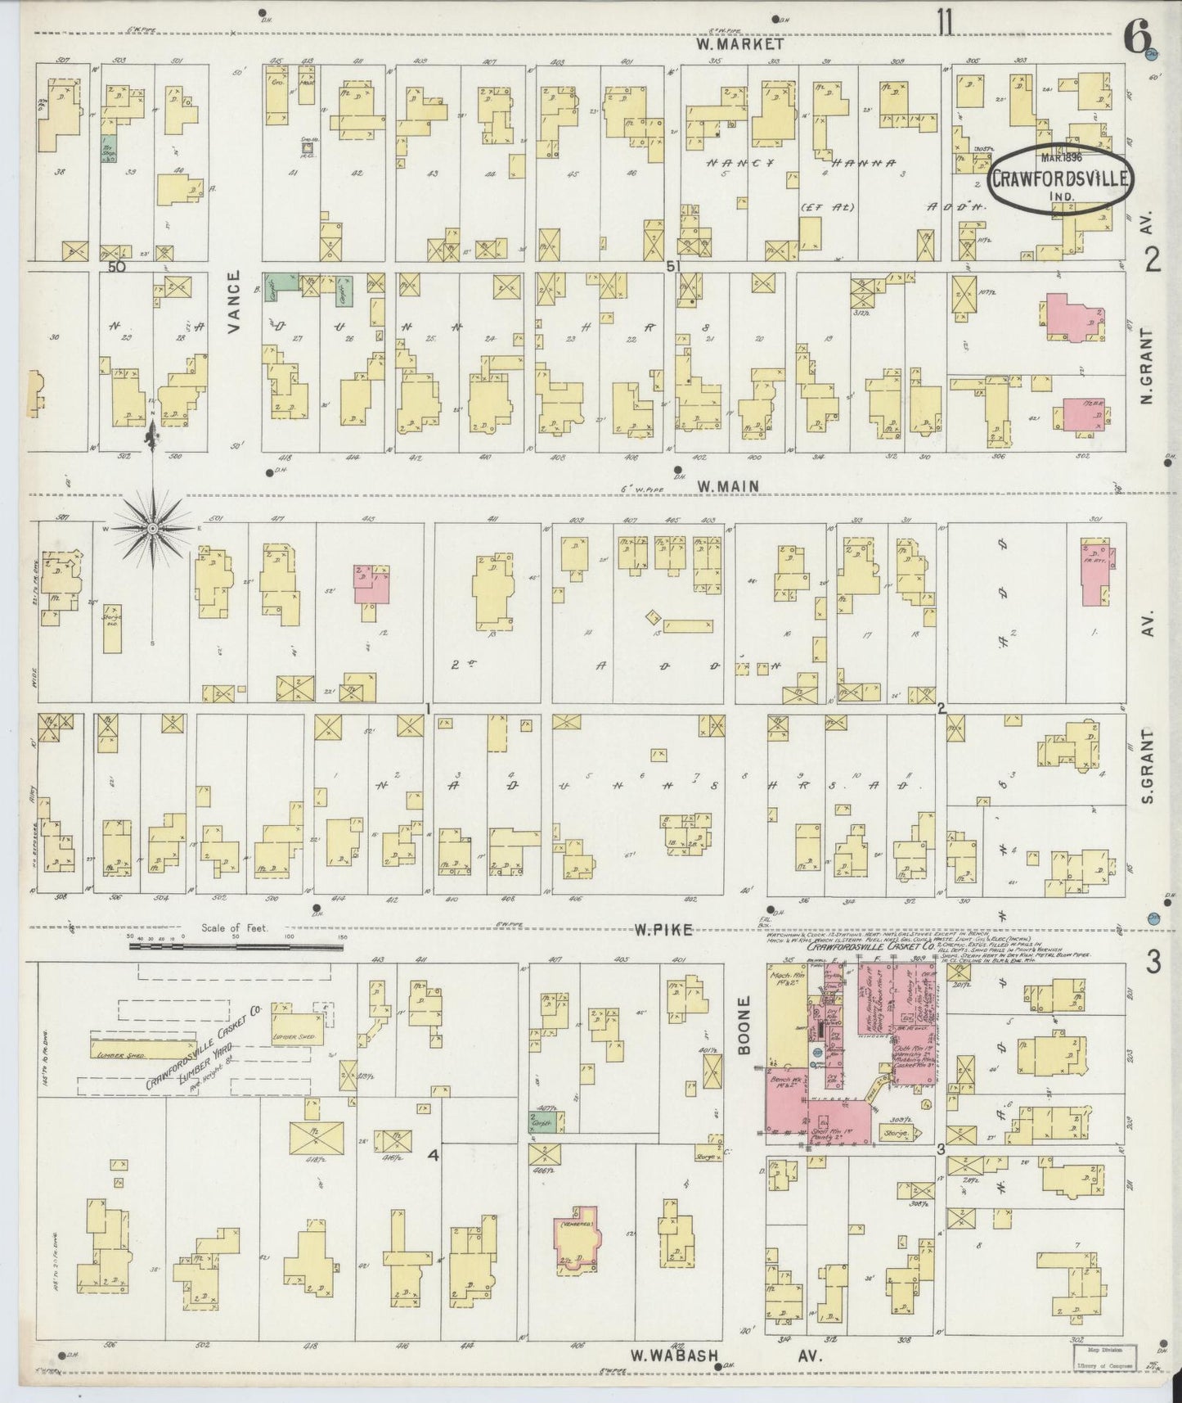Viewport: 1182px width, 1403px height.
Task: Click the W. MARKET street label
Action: pos(740,45)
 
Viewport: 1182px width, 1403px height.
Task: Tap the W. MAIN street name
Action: pos(727,486)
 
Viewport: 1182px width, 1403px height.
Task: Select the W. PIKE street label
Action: pos(663,929)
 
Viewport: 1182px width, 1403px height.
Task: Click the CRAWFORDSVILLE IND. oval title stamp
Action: pos(1061,178)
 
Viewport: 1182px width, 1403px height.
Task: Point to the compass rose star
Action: pos(152,530)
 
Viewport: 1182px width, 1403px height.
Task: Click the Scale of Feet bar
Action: pos(236,946)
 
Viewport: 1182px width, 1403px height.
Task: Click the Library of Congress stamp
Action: pos(1108,1351)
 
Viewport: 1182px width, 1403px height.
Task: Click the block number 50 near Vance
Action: pos(116,267)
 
